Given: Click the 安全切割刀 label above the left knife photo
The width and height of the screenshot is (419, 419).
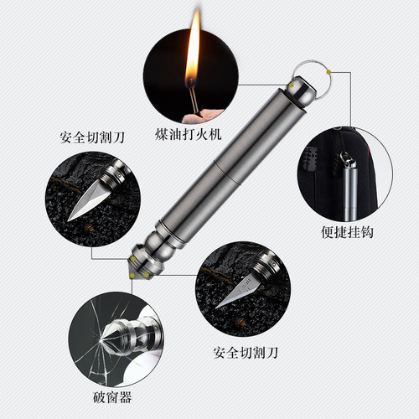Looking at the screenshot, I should click(x=84, y=134).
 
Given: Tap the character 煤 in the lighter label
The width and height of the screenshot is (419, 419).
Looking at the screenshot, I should click(x=163, y=135).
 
